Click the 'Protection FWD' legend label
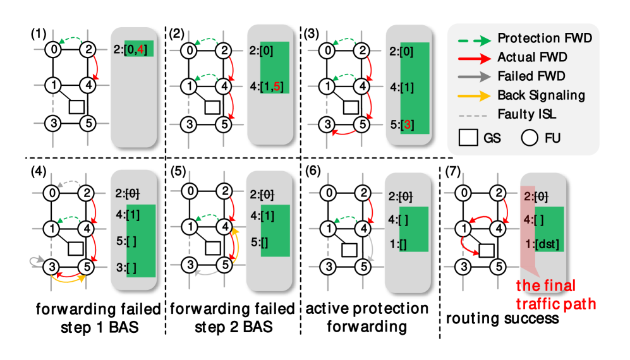tap(545, 39)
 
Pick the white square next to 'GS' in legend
tap(468, 138)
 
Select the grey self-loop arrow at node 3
tap(35, 260)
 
